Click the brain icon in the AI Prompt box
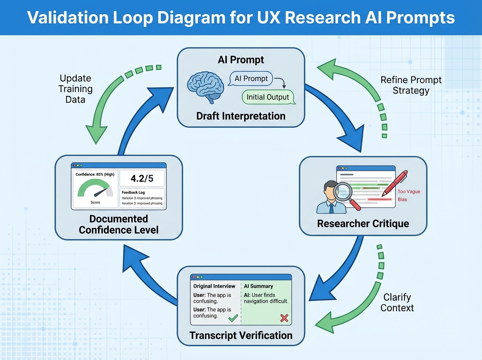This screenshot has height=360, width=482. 205,86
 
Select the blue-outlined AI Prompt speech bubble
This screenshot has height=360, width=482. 251,78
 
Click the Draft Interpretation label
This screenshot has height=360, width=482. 241,116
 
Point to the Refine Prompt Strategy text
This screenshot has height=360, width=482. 411,85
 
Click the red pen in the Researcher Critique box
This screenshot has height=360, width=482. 395,183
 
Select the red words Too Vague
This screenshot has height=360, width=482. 408,192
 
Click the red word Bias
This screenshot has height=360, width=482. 402,200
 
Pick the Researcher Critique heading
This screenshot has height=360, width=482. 363,223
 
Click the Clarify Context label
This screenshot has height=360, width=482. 397,303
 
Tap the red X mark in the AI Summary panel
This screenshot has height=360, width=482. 284,318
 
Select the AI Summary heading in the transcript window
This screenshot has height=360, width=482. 258,286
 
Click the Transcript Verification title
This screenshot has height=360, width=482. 241,335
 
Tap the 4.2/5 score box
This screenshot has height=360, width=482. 142,178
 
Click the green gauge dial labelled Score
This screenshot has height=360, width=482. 95,189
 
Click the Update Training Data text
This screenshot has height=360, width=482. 75,88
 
